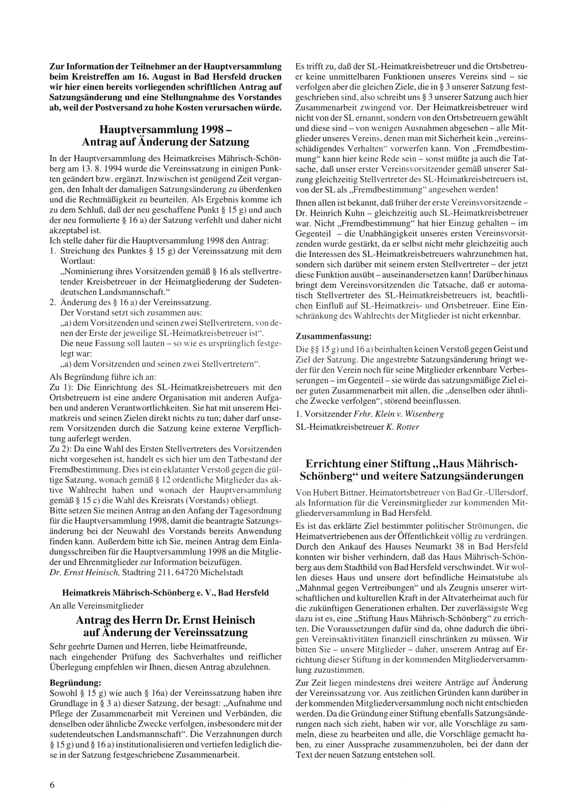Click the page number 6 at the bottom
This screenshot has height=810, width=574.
52,785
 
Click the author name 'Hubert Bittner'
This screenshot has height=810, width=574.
336,492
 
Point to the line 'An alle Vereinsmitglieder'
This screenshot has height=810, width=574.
96,605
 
